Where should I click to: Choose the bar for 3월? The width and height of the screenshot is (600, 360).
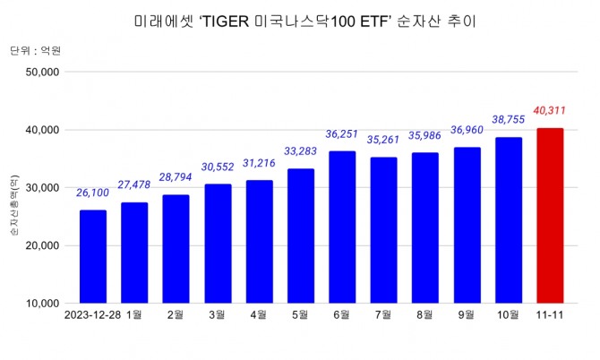coord(217,244)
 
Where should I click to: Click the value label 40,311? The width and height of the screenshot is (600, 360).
coord(550,110)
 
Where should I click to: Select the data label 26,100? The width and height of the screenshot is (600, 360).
coord(92,192)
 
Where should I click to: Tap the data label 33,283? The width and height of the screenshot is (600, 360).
coord(300,150)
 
